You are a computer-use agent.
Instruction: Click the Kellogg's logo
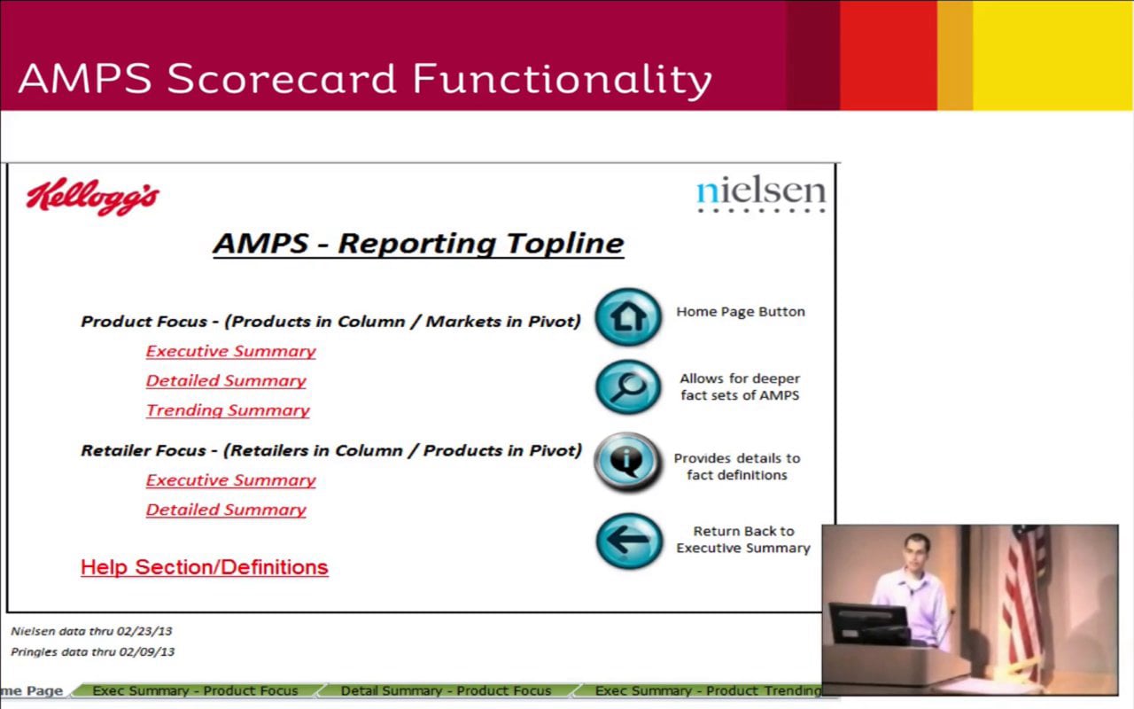93,197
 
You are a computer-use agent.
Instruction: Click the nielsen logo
760,192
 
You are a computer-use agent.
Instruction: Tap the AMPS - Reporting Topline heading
418,243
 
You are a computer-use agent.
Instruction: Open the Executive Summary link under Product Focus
230,351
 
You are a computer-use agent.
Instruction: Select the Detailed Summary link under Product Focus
226,380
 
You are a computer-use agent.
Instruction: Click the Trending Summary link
228,409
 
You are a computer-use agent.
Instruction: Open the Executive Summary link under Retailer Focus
230,479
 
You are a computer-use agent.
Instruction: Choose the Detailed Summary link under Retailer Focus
226,510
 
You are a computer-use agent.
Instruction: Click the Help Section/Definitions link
204,567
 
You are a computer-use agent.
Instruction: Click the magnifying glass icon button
628,387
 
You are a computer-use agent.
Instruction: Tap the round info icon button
628,462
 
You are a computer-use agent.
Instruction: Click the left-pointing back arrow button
628,540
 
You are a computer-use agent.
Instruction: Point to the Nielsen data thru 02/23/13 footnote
91,631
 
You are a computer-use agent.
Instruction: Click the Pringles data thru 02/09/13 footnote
92,651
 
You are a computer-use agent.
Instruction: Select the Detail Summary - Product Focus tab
446,690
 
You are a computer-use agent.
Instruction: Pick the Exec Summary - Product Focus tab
195,690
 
